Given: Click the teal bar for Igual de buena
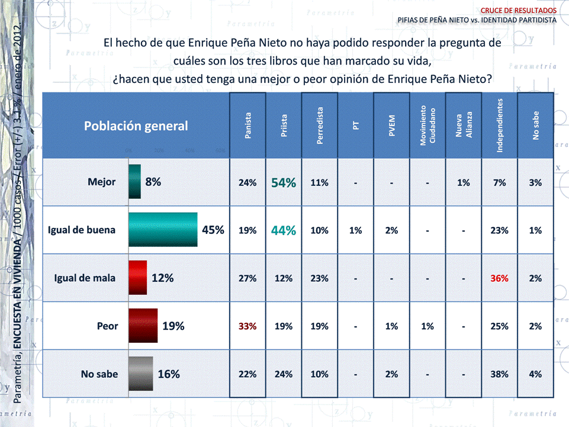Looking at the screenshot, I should pyautogui.click(x=163, y=230).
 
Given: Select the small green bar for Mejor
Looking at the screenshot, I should pyautogui.click(x=135, y=182).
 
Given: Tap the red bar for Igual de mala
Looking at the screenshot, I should pyautogui.click(x=137, y=278).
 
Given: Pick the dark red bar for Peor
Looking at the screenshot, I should pyautogui.click(x=143, y=326).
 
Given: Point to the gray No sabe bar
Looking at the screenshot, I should pyautogui.click(x=141, y=374).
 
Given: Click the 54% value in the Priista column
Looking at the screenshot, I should pyautogui.click(x=284, y=183).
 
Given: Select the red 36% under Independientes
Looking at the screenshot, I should pyautogui.click(x=500, y=278).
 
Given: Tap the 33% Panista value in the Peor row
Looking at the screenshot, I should pyautogui.click(x=247, y=326).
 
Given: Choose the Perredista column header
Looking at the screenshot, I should pyautogui.click(x=320, y=126).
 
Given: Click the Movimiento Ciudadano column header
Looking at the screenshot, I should pyautogui.click(x=427, y=126).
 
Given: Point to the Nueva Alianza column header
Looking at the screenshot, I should pyautogui.click(x=464, y=126).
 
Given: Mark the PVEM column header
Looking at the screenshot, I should pyautogui.click(x=391, y=126).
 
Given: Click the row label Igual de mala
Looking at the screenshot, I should pyautogui.click(x=85, y=278).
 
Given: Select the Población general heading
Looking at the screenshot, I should pyautogui.click(x=136, y=126).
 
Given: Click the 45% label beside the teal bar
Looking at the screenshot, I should pyautogui.click(x=213, y=230).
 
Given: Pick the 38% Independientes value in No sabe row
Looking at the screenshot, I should pyautogui.click(x=500, y=374).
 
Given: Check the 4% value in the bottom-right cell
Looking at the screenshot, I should pyautogui.click(x=535, y=374).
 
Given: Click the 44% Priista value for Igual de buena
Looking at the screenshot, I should pyautogui.click(x=284, y=230).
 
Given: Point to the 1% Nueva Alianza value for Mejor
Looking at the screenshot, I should pyautogui.click(x=464, y=183).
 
